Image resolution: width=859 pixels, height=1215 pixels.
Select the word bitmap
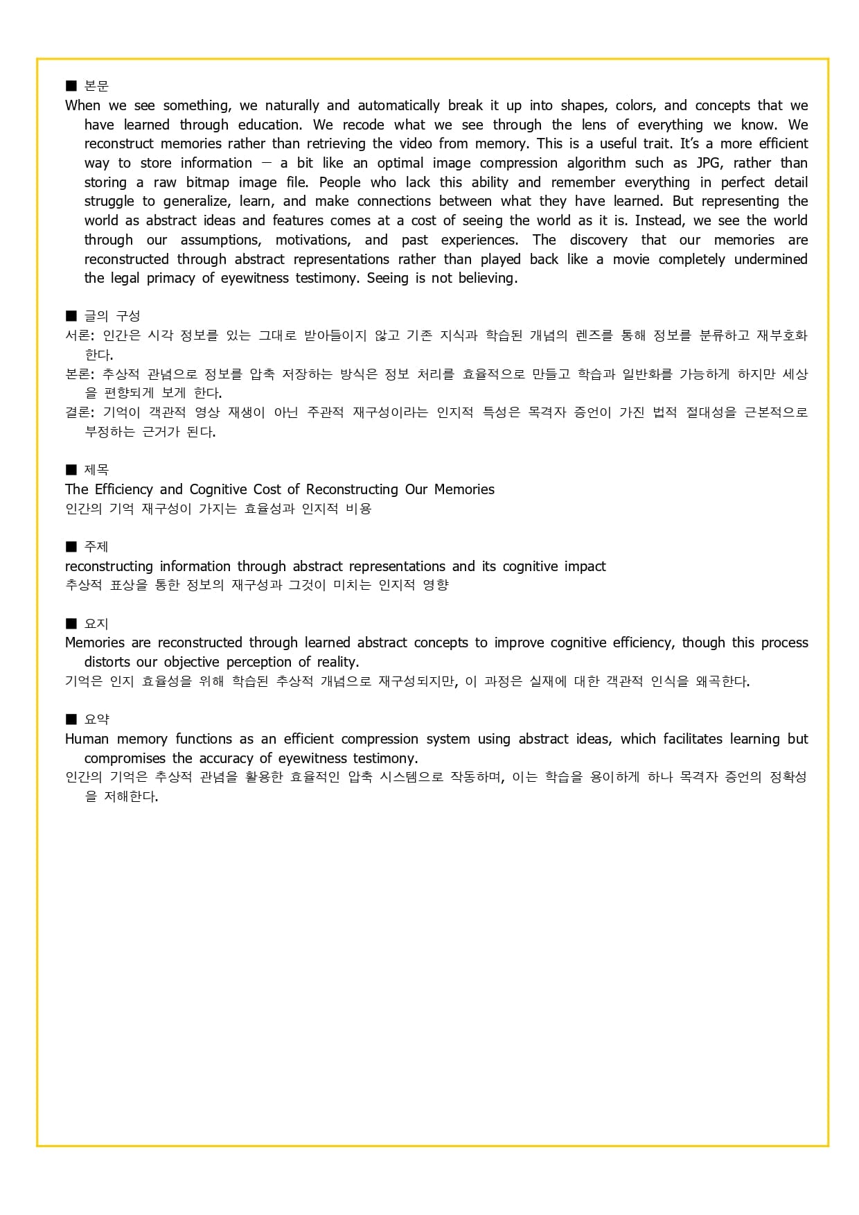click(207, 183)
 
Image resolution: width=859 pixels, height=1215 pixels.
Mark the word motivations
click(313, 241)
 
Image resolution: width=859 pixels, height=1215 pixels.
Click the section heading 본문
click(96, 86)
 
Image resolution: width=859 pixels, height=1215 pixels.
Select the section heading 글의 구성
click(112, 316)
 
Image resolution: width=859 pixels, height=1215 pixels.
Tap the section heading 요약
click(96, 719)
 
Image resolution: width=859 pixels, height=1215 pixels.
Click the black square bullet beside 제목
click(71, 470)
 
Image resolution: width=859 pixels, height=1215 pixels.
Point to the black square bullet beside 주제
click(71, 547)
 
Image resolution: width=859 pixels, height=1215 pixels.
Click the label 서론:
click(80, 335)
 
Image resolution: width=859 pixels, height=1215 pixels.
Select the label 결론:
click(80, 412)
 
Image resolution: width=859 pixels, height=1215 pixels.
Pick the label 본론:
click(80, 374)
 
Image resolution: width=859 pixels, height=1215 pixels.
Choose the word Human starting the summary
click(87, 739)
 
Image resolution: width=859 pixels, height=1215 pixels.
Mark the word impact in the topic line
click(585, 566)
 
